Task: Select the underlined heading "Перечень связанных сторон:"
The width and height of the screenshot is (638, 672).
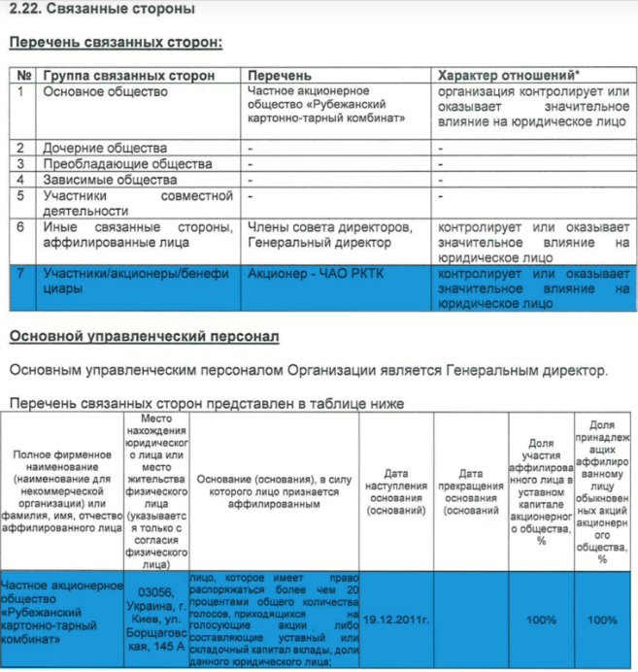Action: click(116, 43)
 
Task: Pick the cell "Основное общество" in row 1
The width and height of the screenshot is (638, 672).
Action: click(105, 92)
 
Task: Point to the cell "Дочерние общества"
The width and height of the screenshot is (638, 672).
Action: click(105, 149)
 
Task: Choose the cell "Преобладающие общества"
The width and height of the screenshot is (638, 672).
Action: click(114, 164)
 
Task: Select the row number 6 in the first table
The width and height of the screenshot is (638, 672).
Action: click(20, 227)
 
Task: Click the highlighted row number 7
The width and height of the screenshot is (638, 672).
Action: click(20, 274)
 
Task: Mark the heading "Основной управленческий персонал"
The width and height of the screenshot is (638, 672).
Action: click(145, 337)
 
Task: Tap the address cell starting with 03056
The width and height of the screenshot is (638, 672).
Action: click(156, 619)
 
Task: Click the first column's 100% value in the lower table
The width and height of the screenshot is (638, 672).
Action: click(541, 619)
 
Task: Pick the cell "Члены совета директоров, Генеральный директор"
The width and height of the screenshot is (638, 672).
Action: click(330, 235)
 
